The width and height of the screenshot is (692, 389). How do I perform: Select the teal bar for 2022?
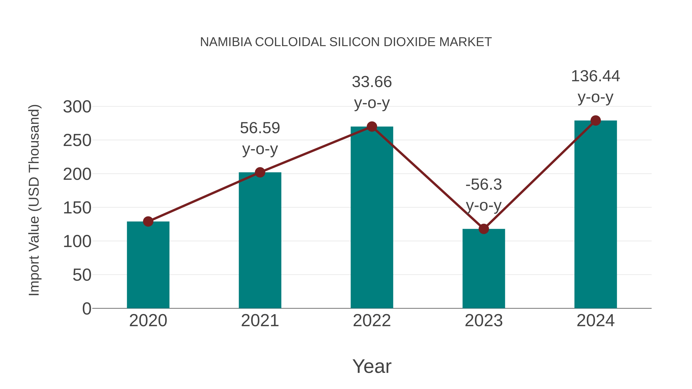click(372, 217)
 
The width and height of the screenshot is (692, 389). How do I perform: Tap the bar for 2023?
click(484, 269)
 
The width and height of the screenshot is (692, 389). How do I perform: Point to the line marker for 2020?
click(148, 221)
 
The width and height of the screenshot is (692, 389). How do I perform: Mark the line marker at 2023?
click(484, 229)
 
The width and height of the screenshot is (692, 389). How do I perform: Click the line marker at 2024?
click(596, 120)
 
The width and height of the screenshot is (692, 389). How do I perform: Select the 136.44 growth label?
click(595, 76)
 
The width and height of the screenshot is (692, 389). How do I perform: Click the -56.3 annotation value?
click(484, 185)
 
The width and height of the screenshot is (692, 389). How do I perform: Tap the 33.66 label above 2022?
click(372, 82)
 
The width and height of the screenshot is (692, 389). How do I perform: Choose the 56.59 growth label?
click(260, 128)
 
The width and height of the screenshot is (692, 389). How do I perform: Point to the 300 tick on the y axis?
click(77, 107)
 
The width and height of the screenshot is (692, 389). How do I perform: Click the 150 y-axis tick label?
click(77, 208)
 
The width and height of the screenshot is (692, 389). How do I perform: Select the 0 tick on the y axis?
click(86, 309)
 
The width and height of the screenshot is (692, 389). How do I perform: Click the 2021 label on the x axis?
click(260, 321)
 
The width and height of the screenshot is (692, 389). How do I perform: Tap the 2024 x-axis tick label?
click(595, 321)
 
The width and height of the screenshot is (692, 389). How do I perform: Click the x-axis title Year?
click(372, 367)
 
